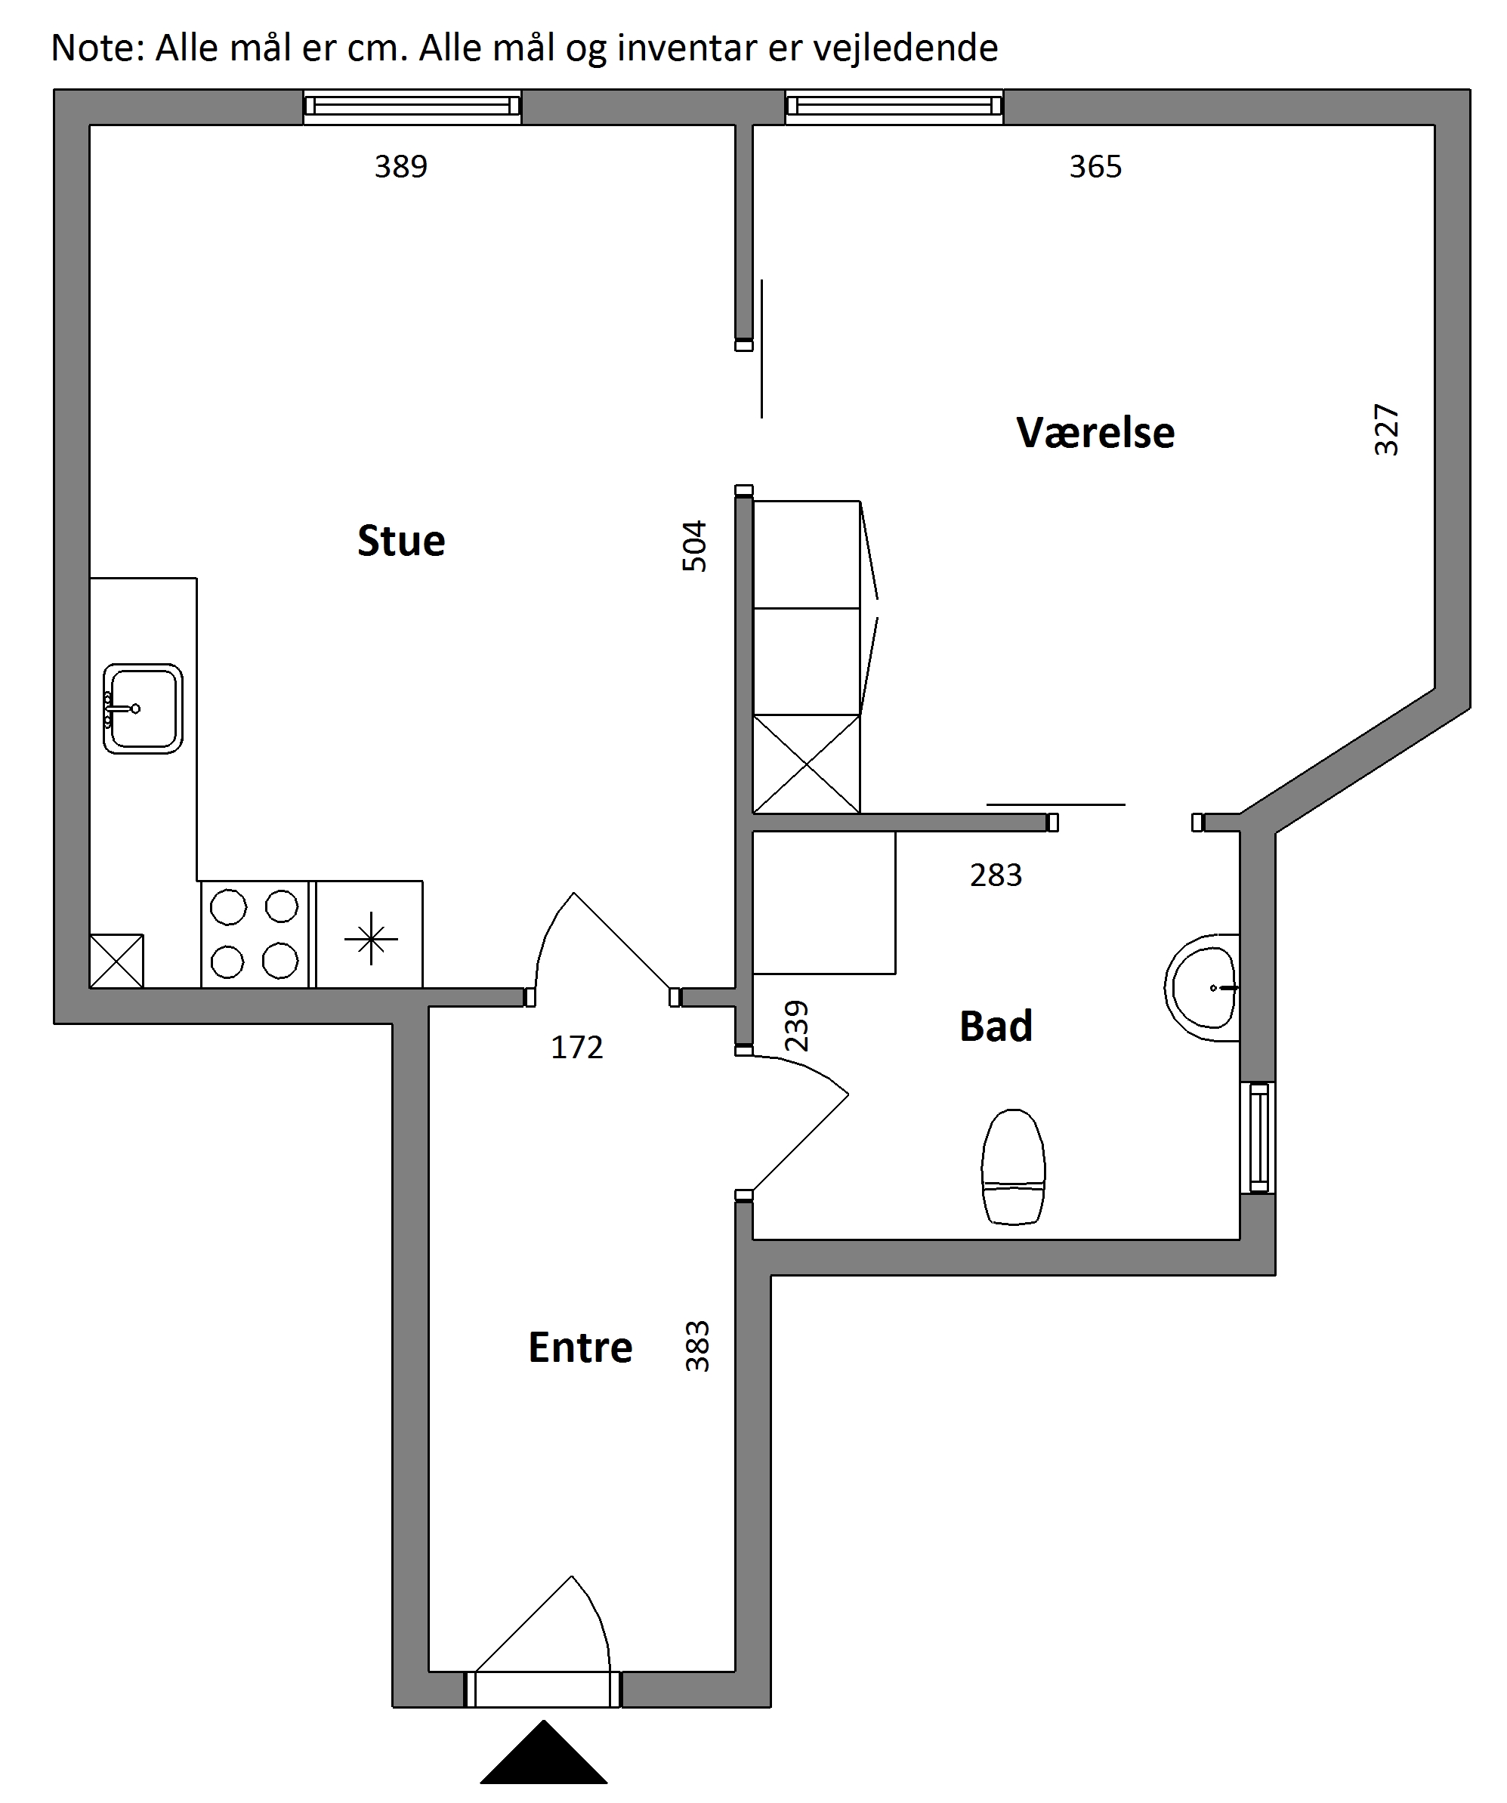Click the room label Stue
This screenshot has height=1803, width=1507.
tap(401, 541)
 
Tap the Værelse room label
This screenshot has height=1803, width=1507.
tap(1095, 432)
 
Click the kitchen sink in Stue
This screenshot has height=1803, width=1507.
tap(143, 709)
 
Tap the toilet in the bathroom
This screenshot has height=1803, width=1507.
tap(1013, 1166)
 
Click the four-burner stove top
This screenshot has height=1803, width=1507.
tap(254, 934)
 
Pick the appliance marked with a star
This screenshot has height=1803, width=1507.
tap(369, 934)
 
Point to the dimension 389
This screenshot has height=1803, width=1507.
tap(401, 167)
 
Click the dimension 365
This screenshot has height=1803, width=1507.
tap(1095, 167)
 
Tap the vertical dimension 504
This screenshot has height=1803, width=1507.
tap(693, 546)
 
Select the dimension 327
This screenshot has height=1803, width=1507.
tap(1386, 429)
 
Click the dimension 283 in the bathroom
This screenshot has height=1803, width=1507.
tap(996, 875)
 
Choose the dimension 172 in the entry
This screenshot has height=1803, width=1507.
tap(577, 1048)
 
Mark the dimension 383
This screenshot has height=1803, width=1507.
tap(697, 1346)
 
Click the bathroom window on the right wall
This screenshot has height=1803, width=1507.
tap(1258, 1138)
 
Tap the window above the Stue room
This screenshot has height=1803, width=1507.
tap(412, 107)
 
